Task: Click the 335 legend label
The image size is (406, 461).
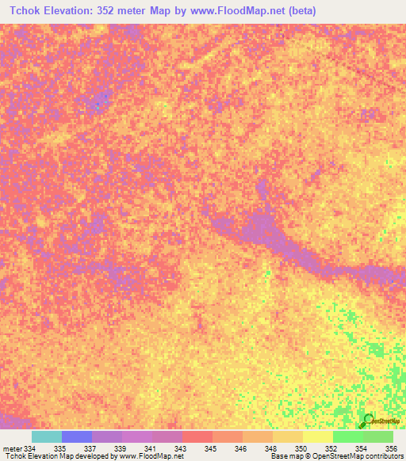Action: [59, 448]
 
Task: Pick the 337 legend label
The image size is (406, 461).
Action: [90, 448]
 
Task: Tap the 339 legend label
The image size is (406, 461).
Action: [120, 448]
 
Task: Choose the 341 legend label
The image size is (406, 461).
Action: [150, 448]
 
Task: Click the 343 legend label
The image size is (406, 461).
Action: [180, 448]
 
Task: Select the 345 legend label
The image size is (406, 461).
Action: [210, 448]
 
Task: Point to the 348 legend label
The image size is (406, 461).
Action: [270, 448]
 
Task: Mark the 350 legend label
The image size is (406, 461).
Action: [301, 448]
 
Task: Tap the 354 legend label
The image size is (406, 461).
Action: [361, 448]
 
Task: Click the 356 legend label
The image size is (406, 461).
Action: [390, 448]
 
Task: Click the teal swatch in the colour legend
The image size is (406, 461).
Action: [47, 436]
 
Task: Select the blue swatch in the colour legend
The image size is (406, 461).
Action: [77, 436]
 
